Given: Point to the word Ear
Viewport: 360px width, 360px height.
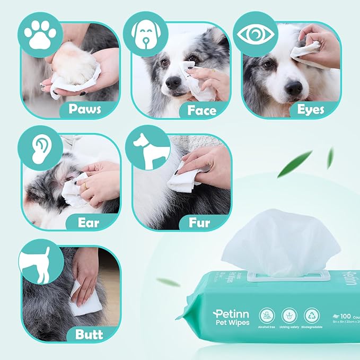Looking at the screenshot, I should point(89,222).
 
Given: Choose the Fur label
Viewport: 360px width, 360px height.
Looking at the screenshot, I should point(199,222).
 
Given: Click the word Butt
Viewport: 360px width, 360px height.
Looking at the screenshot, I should point(89,334).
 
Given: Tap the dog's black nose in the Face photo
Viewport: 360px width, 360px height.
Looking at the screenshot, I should point(173,82).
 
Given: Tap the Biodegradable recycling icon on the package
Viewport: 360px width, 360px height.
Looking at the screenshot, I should point(311,315).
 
